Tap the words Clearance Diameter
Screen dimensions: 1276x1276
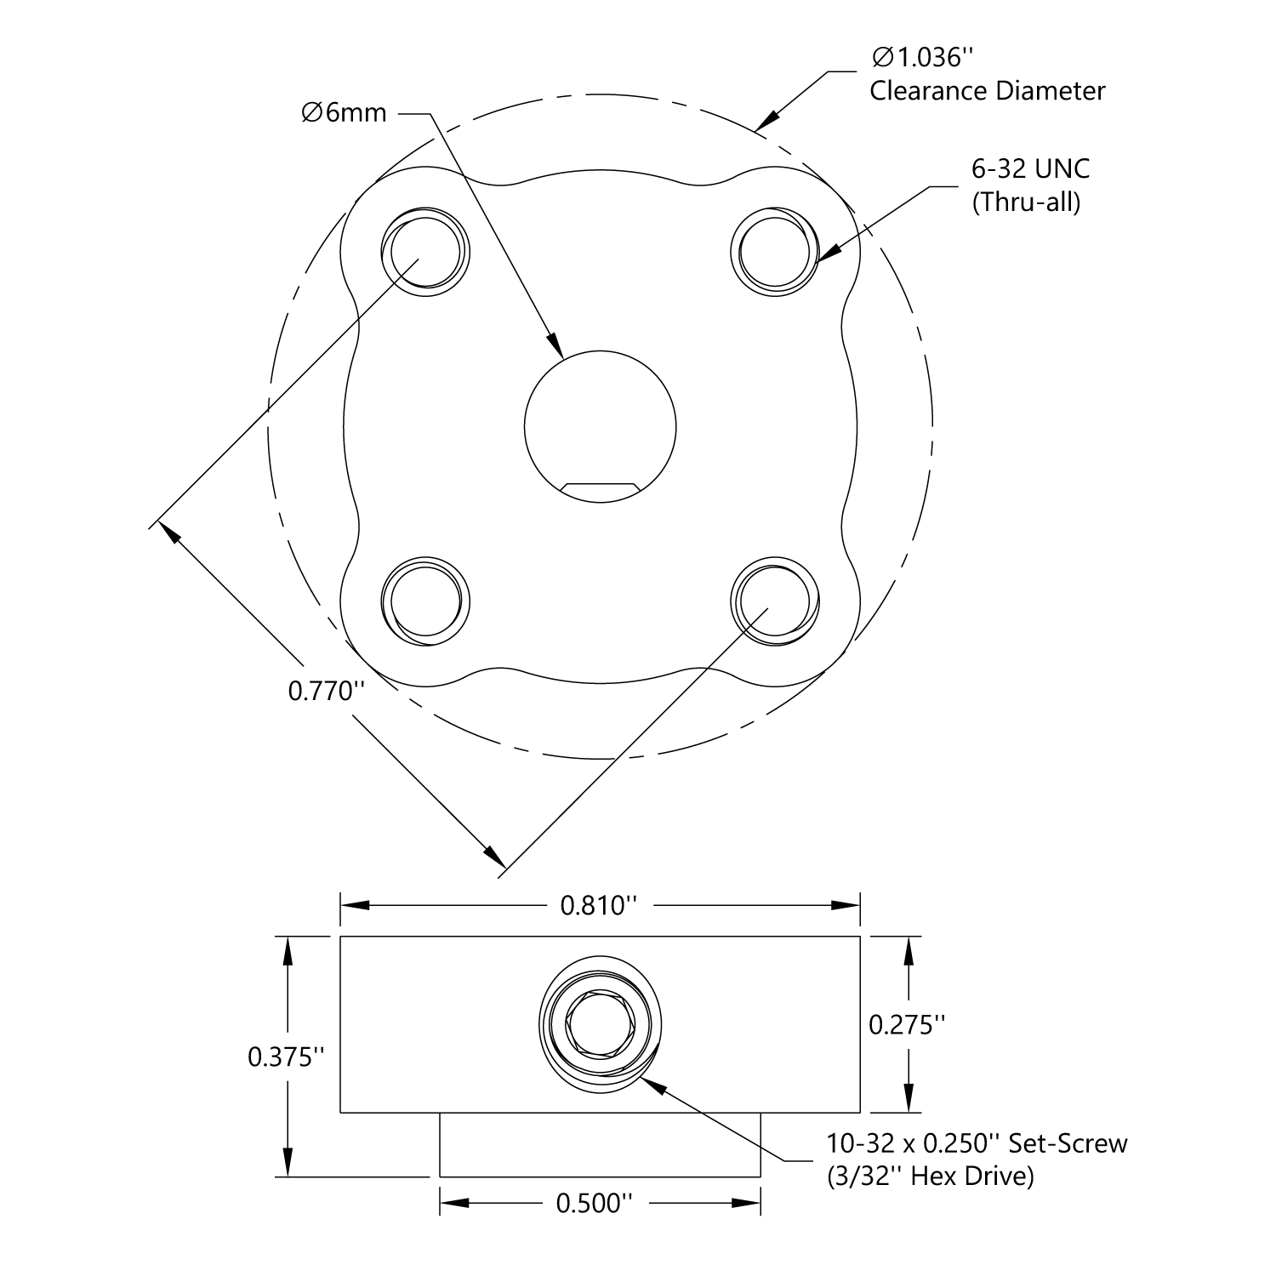[x=987, y=91]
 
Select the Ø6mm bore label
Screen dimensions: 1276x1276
[x=344, y=112]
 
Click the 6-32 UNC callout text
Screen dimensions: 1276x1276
[x=1030, y=168]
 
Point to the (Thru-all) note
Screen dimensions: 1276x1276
[x=1026, y=202]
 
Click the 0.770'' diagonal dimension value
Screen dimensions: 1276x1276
[x=326, y=691]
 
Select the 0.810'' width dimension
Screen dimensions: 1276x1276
[x=599, y=905]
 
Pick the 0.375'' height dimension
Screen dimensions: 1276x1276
[x=287, y=1057]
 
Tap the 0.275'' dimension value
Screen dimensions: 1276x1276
[x=908, y=1025]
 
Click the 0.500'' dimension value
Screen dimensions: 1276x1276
[x=595, y=1204]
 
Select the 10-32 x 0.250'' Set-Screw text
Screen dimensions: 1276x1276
[x=977, y=1143]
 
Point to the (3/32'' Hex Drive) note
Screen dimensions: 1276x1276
[x=930, y=1176]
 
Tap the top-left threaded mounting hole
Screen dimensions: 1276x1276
[x=425, y=252]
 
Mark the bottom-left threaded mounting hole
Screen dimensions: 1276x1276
[x=425, y=601]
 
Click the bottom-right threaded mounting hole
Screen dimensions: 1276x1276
[x=775, y=601]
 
